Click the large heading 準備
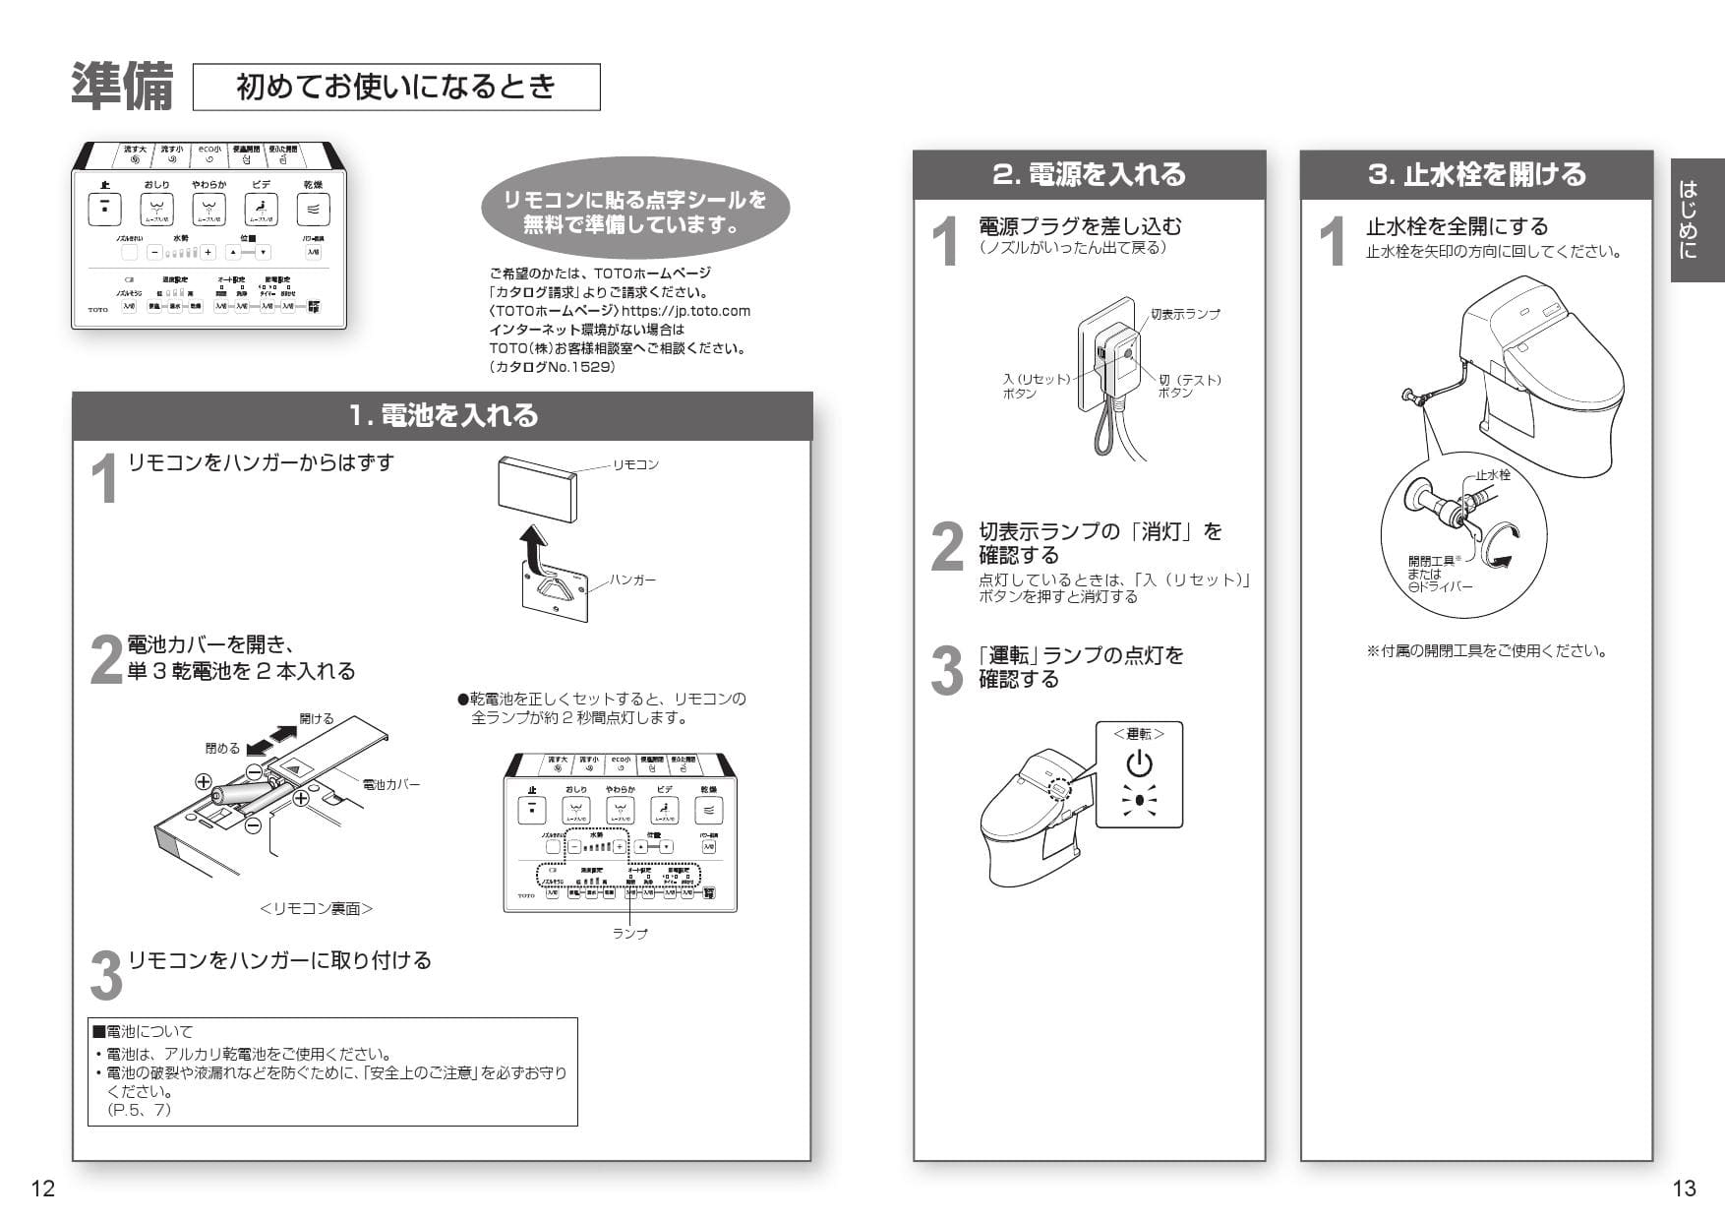pos(122,88)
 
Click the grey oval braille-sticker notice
pos(634,213)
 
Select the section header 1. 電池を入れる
pos(443,415)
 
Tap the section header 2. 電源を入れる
pos(1089,175)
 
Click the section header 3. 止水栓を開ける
pos(1476,175)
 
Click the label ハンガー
pos(631,580)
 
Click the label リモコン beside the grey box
pos(635,464)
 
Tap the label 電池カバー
pos(390,784)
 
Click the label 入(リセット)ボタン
pos(1035,386)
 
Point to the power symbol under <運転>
pos(1139,763)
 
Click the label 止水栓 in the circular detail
pos(1492,475)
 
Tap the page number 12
pos(43,1189)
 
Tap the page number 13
pos(1684,1189)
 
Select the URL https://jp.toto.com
pos(685,311)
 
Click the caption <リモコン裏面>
pos(316,909)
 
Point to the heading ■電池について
pos(143,1032)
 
